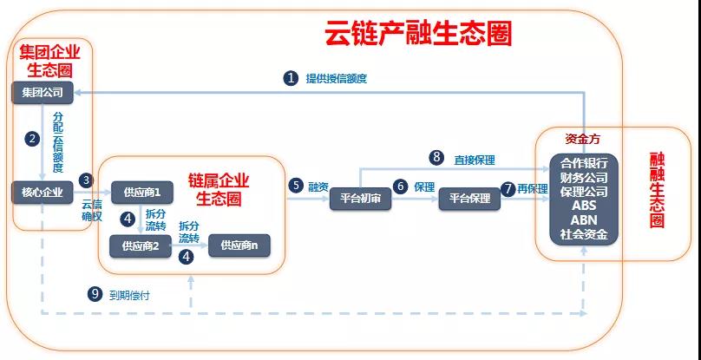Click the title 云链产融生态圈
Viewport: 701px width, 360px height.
(x=418, y=34)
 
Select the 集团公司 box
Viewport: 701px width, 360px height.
(x=43, y=92)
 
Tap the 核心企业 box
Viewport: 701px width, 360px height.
(x=43, y=193)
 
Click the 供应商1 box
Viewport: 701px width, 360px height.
(x=142, y=193)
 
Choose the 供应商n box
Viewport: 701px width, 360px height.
(x=245, y=245)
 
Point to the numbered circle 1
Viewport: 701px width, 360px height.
(x=292, y=78)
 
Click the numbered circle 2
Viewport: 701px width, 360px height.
(x=33, y=138)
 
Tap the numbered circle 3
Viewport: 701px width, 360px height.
(x=85, y=180)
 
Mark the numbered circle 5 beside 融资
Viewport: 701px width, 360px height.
(x=296, y=186)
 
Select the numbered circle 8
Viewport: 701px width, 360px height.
(x=437, y=158)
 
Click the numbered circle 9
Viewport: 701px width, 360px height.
(x=95, y=293)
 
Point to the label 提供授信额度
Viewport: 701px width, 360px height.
(x=336, y=78)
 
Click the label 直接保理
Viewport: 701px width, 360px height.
(x=474, y=160)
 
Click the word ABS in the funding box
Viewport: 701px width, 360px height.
(x=584, y=206)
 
